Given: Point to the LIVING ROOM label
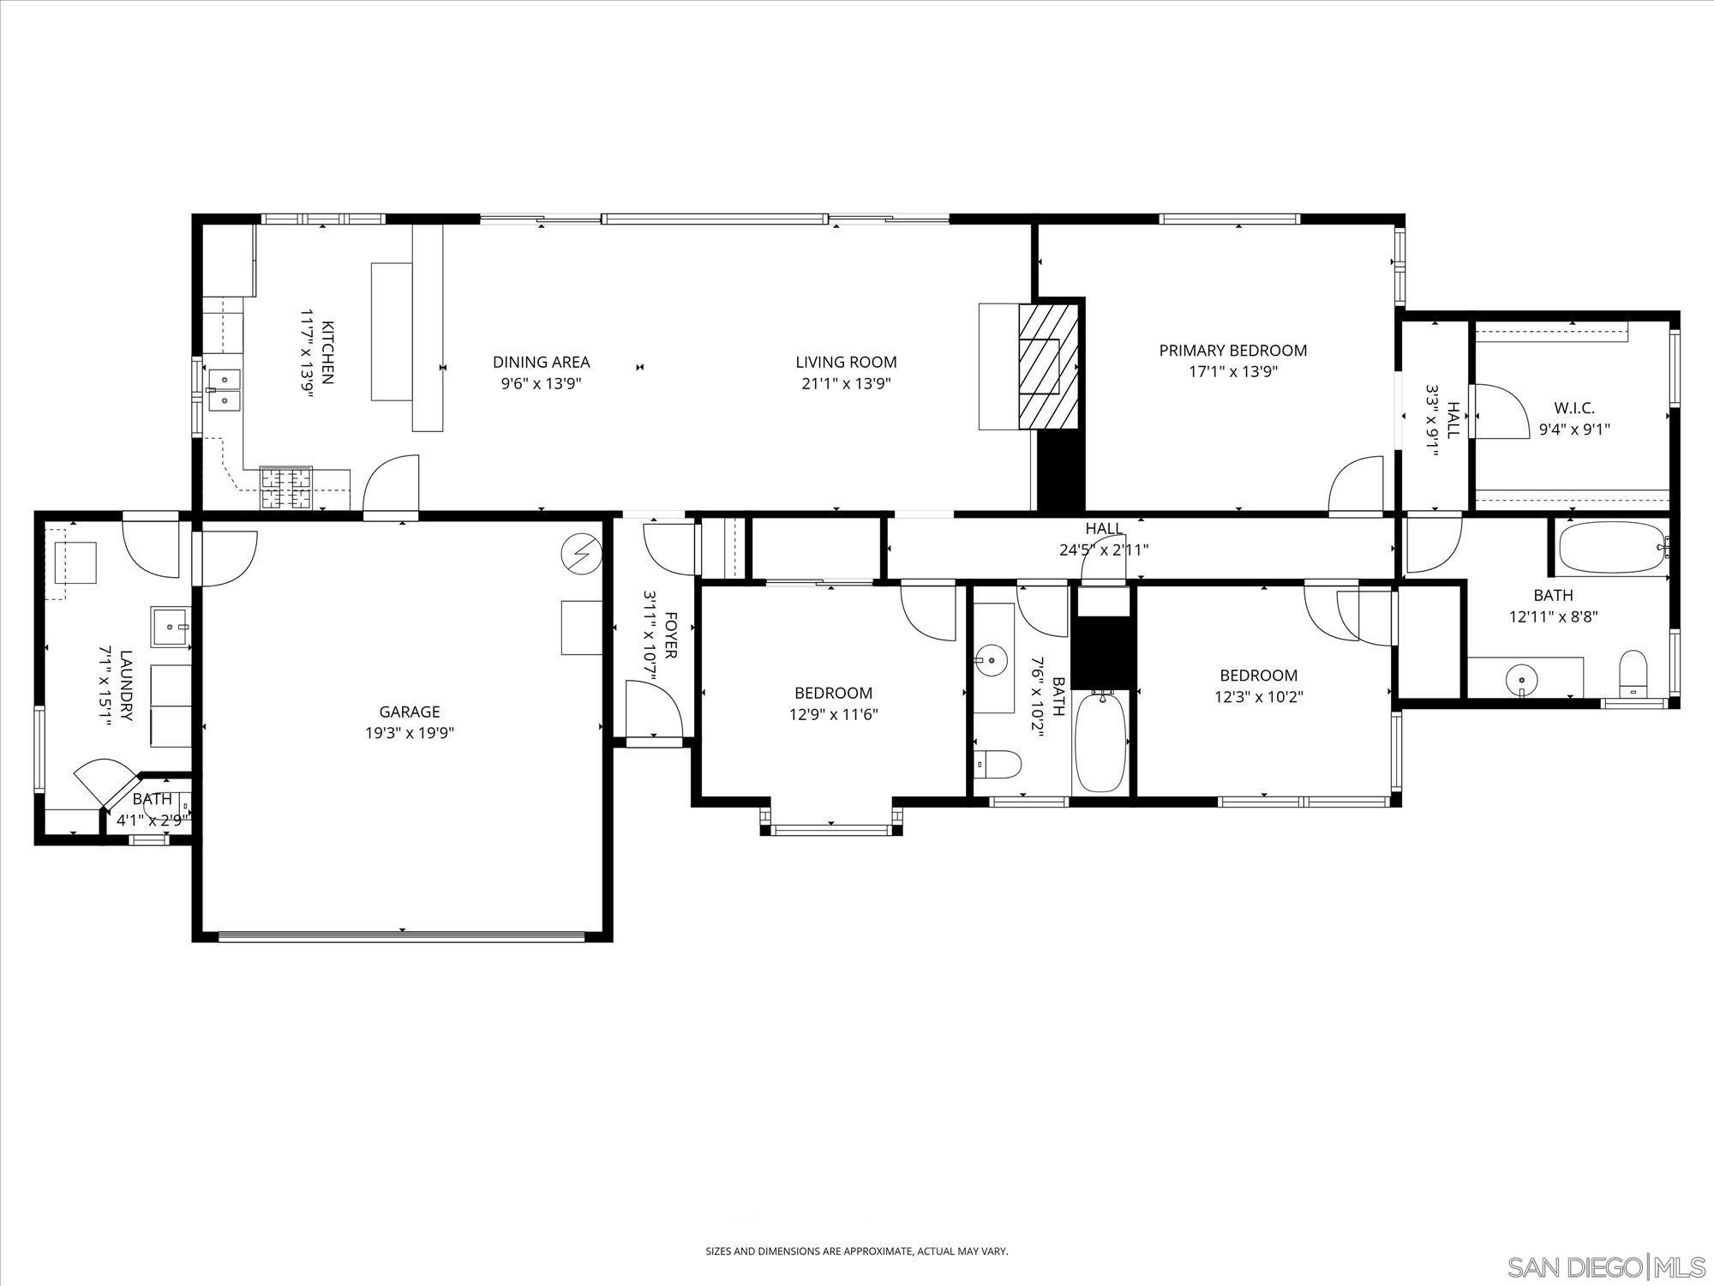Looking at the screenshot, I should [x=846, y=362].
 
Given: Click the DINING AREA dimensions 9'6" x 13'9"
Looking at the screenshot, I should [x=541, y=384].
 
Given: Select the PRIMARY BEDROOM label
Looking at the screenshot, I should [x=1232, y=350].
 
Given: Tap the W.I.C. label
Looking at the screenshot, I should [x=1574, y=408].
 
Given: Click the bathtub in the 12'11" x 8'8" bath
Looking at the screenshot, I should [x=1610, y=546].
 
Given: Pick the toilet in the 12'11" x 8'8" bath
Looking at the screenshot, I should [x=1633, y=674].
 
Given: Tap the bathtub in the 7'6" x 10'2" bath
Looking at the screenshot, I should [x=1101, y=742].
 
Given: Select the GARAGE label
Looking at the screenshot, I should [x=410, y=712].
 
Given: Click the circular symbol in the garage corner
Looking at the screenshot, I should [x=580, y=555].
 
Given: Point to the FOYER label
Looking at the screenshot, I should [x=670, y=634].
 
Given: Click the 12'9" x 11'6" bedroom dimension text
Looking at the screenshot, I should [x=833, y=713].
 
